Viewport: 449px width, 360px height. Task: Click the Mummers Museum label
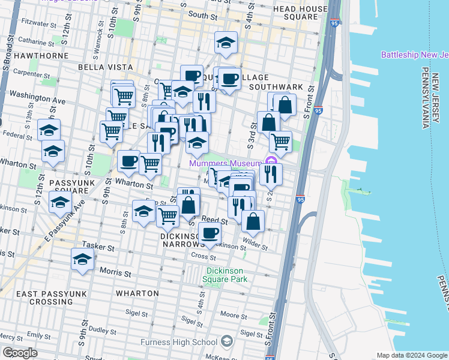[225, 164]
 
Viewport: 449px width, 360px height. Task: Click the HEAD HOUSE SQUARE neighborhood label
[303, 13]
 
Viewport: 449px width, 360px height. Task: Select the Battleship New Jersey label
[414, 55]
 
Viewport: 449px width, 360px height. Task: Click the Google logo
[20, 353]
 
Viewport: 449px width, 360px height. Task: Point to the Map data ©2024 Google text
[411, 355]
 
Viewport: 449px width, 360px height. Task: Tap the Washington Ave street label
[37, 95]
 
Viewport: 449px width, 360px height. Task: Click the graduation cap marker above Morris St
[83, 259]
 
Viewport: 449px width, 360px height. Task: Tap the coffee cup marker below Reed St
[209, 233]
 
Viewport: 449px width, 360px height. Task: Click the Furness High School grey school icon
[226, 341]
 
